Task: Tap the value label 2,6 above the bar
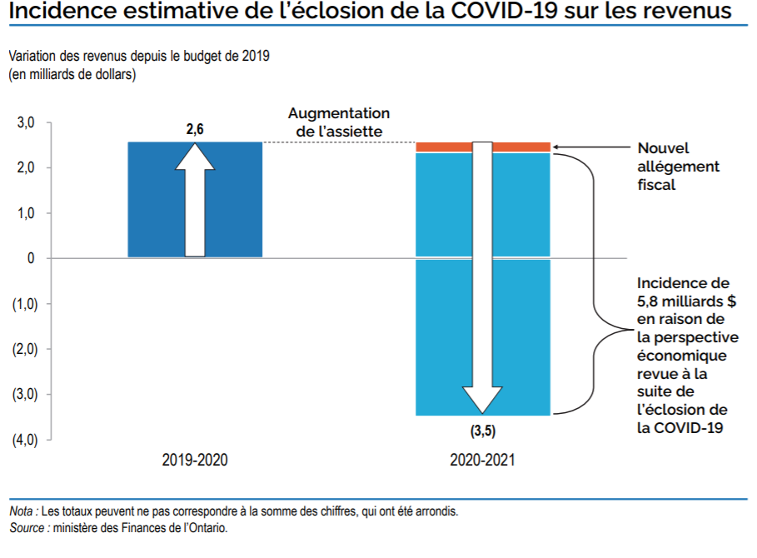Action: [x=194, y=130]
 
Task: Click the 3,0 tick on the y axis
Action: [x=26, y=123]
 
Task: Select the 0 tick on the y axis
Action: [x=31, y=258]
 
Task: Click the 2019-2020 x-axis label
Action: [x=194, y=460]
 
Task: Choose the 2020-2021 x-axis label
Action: [x=482, y=460]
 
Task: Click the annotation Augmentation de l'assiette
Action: [x=338, y=122]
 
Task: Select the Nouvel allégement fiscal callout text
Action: [x=678, y=166]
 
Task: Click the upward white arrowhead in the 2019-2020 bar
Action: [x=194, y=157]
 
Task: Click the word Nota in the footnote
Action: [x=22, y=511]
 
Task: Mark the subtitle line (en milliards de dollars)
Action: [x=72, y=74]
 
